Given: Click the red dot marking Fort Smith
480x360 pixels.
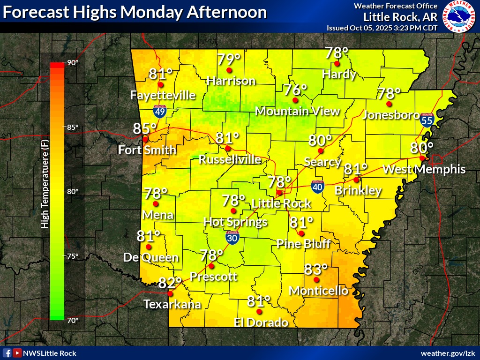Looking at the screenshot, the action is pos(145,139).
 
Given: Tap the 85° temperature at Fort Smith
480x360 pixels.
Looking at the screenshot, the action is pos(144,128).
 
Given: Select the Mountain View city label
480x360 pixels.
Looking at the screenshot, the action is pos(297,111).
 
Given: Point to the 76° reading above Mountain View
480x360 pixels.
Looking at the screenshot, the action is pos(295,90).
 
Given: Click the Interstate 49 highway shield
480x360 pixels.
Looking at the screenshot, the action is pos(160,111).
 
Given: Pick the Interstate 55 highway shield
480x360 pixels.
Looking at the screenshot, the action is pos(426,120).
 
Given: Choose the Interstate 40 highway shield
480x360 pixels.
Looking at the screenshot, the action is pos(317,187).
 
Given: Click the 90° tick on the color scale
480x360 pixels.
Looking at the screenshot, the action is pos(72,63).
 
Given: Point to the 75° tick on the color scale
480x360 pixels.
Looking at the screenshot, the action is pos(72,256).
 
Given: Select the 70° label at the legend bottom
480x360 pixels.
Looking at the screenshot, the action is pos(72,321).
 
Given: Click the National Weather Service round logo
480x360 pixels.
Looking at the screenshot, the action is pos(459,17).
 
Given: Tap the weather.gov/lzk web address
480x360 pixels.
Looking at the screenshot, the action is pos(448,353).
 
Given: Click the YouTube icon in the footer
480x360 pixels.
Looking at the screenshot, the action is pos(17,353).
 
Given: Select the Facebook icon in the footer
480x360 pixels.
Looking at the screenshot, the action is pos(7,353).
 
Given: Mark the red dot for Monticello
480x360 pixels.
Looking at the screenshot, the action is pos(316,280).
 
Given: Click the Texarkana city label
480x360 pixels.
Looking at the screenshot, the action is pos(172,304).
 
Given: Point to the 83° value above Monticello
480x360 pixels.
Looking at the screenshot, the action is pos(315,270).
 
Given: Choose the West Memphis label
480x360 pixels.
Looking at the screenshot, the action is pos(424,169).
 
